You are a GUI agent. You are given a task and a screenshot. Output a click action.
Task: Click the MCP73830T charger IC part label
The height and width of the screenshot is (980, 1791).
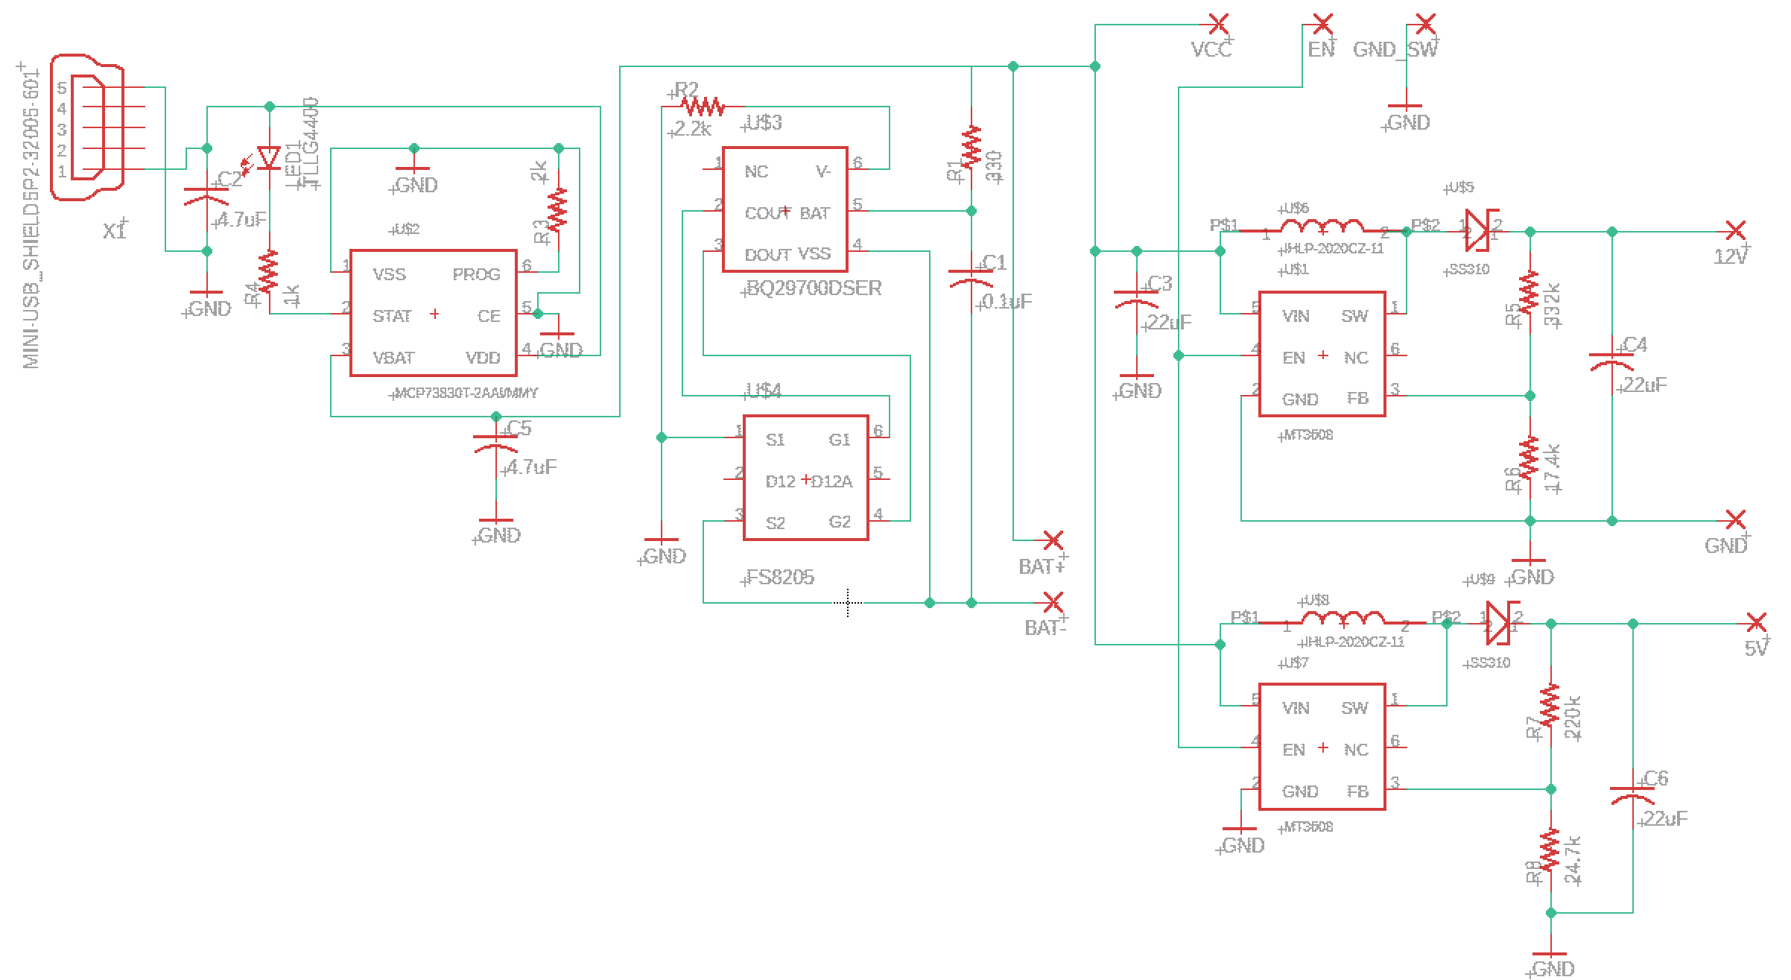coord(466,393)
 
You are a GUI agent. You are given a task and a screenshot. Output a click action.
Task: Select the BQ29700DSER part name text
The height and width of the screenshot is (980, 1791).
coord(814,288)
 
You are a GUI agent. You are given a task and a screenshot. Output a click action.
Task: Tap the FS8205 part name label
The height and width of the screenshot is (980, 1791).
coord(780,578)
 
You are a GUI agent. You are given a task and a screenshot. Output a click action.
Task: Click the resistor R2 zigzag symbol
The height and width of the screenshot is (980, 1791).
coord(703,107)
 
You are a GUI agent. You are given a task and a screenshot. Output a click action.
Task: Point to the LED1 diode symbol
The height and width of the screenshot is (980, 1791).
coord(268,158)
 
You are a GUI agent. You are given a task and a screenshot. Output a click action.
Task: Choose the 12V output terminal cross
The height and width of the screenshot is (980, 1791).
coord(1736,231)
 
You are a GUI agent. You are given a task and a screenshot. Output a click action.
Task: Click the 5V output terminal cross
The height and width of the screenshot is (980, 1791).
coord(1757,623)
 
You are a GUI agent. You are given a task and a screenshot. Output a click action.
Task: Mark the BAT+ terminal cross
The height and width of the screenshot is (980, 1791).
coord(1053,540)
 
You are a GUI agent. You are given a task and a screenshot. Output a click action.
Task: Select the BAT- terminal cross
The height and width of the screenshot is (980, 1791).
coord(1053,602)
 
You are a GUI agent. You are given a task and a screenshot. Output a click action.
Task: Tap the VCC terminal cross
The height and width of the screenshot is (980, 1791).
coord(1219,25)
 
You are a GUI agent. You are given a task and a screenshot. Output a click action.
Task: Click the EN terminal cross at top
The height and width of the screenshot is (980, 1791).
coord(1323,25)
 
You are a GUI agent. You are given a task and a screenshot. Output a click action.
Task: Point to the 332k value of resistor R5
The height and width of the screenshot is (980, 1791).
coord(1552,305)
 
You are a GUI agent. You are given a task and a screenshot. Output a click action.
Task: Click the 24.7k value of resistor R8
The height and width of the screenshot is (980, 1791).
coord(1573,861)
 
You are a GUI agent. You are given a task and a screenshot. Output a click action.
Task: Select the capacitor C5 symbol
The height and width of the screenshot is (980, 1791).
coord(495,443)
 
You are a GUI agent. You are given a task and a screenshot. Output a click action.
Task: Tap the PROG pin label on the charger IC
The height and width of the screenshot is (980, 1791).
coord(476,274)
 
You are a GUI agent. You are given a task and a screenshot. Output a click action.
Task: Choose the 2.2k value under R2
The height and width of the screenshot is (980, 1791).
coord(692,130)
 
